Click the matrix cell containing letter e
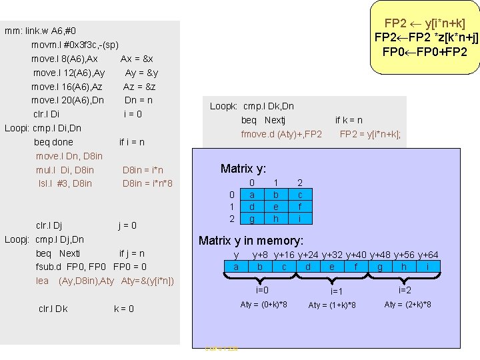coord(276,207)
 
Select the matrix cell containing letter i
coord(300,219)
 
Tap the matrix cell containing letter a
coord(251,195)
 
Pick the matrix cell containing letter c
coord(300,195)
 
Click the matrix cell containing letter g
coord(251,219)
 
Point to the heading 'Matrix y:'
coord(243,169)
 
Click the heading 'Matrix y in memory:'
coord(251,241)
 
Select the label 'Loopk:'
coord(224,106)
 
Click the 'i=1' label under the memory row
coord(337,291)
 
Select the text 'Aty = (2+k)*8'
coord(408,305)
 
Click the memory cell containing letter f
coord(355,267)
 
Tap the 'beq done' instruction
coord(53,142)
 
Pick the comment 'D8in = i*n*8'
coord(147,183)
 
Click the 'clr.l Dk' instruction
coord(53,309)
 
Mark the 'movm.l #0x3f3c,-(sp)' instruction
coord(75,45)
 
